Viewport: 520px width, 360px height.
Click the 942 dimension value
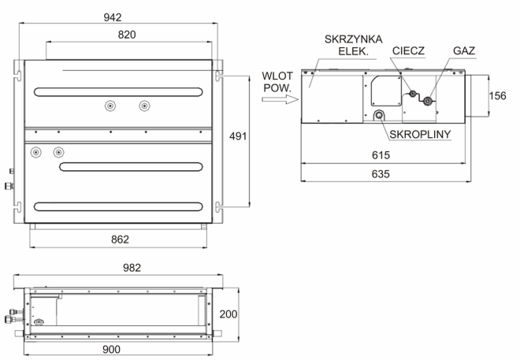(x=113, y=17)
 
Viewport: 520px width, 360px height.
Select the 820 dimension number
(x=127, y=35)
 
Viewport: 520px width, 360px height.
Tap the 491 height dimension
(x=238, y=136)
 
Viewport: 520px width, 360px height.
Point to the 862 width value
(x=120, y=239)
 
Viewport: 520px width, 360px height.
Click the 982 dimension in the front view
(x=132, y=268)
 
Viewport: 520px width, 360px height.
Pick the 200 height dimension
(x=228, y=314)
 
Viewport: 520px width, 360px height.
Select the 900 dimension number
(x=111, y=350)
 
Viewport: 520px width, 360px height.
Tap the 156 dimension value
(x=497, y=96)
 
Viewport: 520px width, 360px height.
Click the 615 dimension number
(x=381, y=155)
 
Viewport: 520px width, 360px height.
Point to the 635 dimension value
(x=381, y=174)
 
